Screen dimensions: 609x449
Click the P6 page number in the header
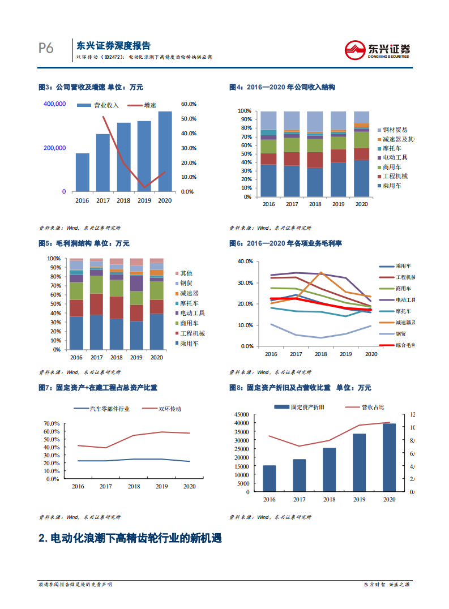(x=46, y=49)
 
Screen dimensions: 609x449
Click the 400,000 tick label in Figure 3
(x=54, y=104)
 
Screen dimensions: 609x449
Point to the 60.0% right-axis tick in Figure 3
(x=189, y=104)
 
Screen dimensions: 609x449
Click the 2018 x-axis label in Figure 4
(x=315, y=204)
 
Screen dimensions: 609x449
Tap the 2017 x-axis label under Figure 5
(x=96, y=358)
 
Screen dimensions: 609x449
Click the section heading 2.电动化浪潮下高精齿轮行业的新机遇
(x=130, y=538)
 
